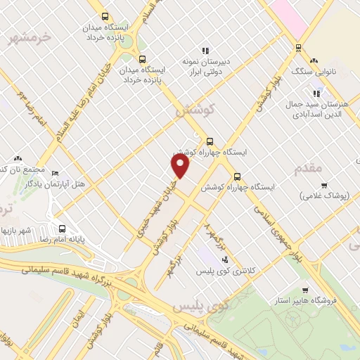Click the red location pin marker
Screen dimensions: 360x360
point(181,166)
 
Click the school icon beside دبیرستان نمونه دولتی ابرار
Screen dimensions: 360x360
point(206,51)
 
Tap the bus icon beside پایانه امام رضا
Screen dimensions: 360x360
point(63,229)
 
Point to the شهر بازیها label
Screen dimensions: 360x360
point(18,230)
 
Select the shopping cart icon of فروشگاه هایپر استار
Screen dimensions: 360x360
point(304,290)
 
